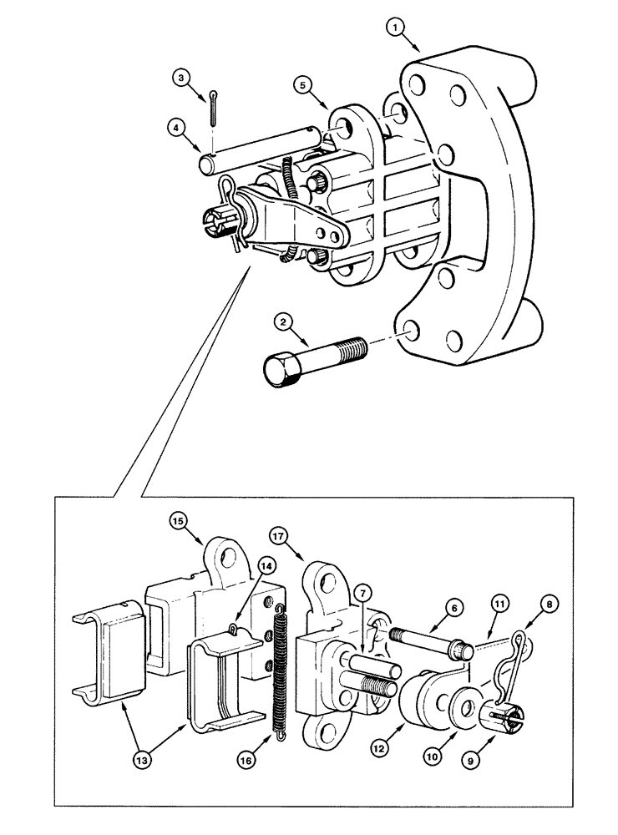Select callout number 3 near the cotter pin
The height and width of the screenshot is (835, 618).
point(181,78)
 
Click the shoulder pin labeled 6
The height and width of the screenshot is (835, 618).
point(428,646)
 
